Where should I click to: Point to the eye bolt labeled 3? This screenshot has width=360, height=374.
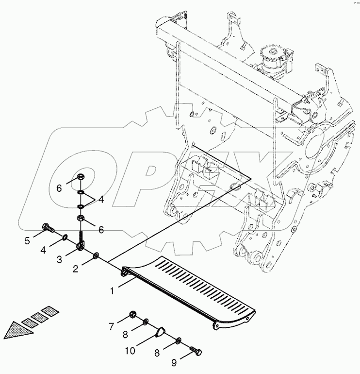(x=81, y=242)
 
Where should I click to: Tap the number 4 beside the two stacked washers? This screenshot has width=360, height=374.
(x=101, y=199)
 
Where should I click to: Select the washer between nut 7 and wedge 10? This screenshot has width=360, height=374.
(x=145, y=322)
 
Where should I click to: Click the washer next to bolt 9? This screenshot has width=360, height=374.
(x=180, y=340)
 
